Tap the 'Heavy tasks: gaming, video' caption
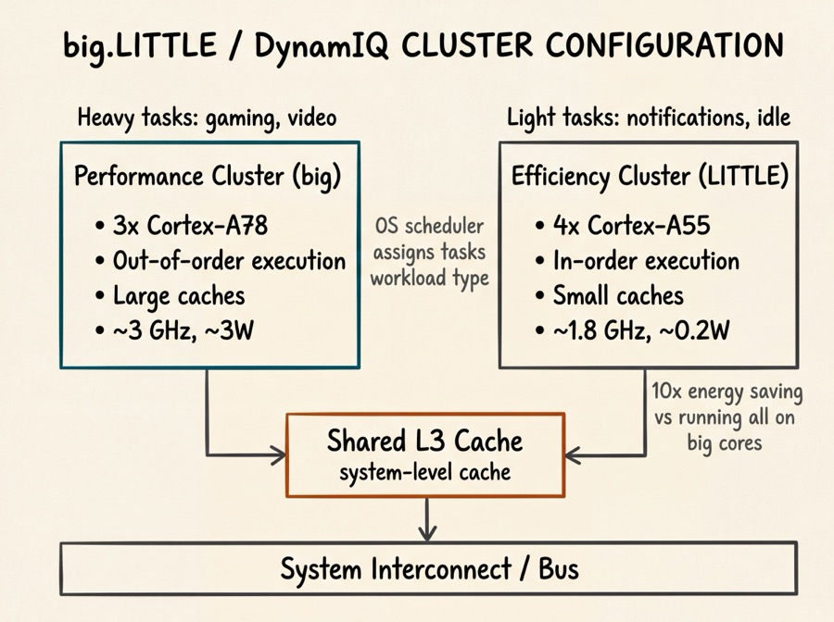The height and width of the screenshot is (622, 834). pyautogui.click(x=207, y=118)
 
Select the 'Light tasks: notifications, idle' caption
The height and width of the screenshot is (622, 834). pyautogui.click(x=648, y=118)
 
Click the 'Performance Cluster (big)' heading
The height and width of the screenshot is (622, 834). pyautogui.click(x=208, y=177)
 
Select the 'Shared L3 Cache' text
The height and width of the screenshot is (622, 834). pyautogui.click(x=424, y=441)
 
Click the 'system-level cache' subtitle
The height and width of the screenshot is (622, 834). pyautogui.click(x=424, y=472)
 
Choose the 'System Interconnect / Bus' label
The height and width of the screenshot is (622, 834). pyautogui.click(x=428, y=567)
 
